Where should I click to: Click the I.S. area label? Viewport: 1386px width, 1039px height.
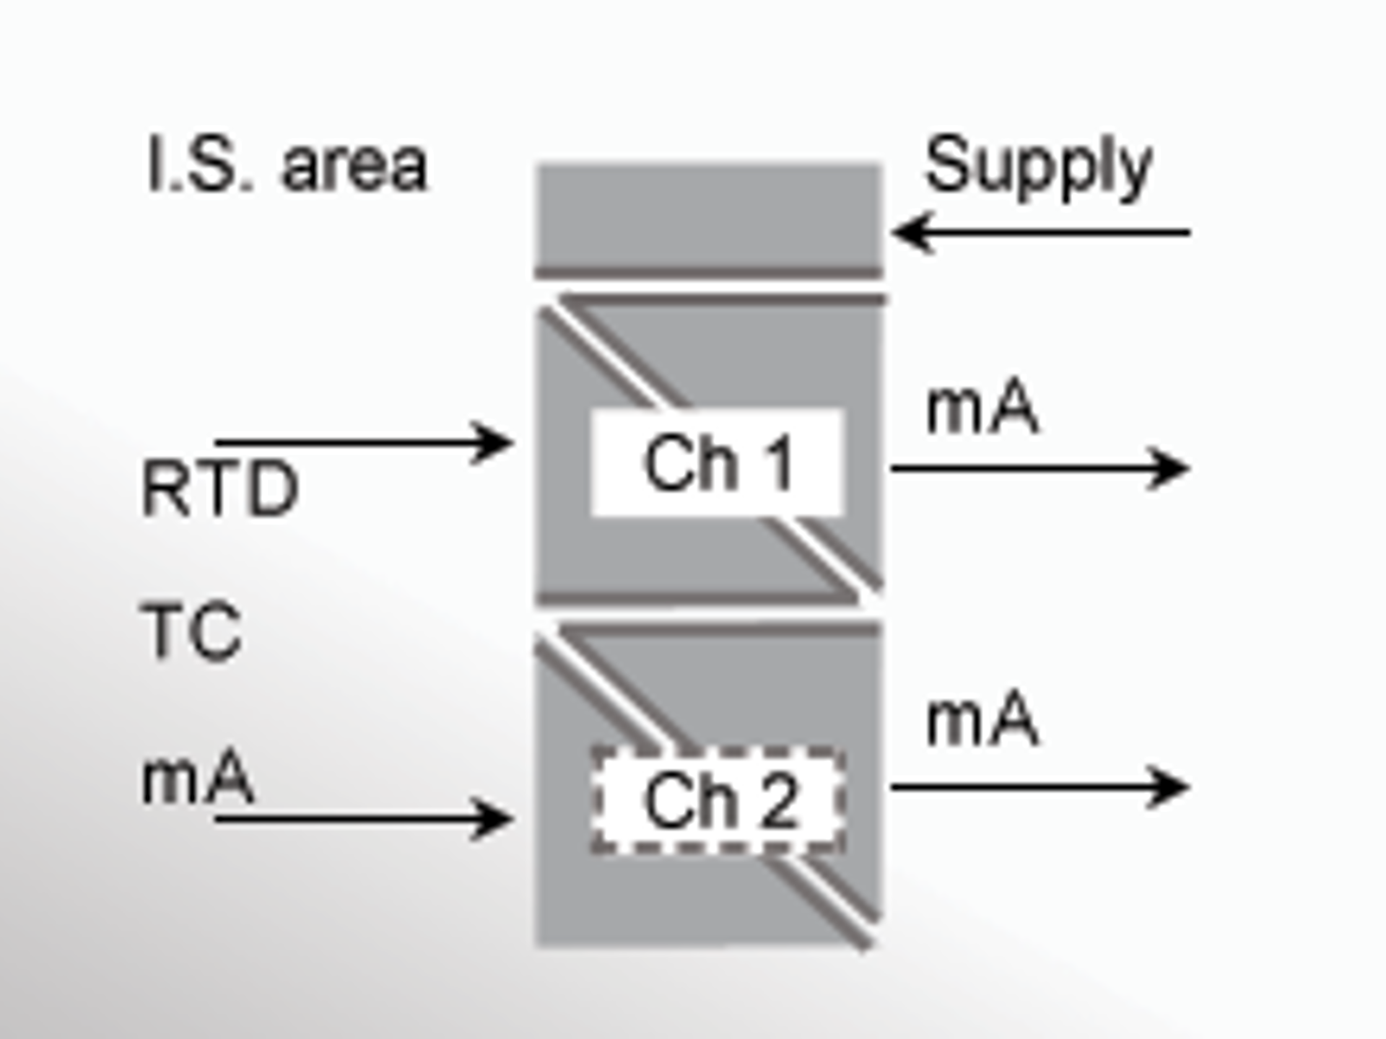[x=287, y=165]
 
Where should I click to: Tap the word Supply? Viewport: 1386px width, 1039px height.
[x=1038, y=167]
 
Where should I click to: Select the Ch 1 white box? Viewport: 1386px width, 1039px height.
[x=718, y=462]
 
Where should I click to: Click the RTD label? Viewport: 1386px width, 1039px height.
[x=220, y=489]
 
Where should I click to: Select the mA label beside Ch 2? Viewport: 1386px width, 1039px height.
[x=982, y=720]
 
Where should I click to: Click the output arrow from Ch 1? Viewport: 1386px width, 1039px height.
[x=1039, y=469]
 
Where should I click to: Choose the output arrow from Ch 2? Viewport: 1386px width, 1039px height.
[x=1039, y=786]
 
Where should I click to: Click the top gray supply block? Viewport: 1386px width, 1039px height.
[x=708, y=216]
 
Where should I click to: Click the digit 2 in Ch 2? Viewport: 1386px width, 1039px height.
[x=780, y=802]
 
